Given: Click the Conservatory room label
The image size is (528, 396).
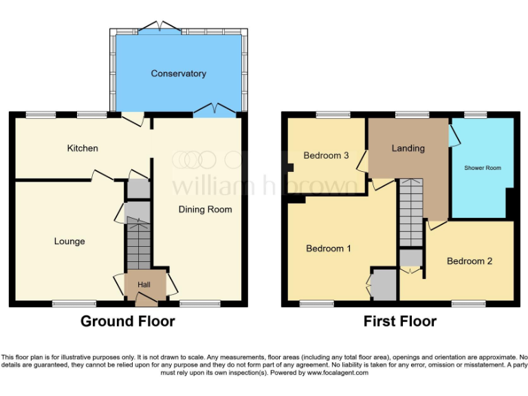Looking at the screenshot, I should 178,74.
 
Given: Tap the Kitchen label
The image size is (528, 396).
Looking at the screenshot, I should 82,148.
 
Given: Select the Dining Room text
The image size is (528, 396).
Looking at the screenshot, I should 206,209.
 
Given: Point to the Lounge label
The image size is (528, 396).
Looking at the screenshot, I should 69,241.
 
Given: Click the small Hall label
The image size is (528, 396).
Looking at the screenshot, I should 144,285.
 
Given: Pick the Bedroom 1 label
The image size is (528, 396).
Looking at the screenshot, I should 329,248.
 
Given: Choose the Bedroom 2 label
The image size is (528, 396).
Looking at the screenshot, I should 470,261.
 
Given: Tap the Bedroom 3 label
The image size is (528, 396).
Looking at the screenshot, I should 326,155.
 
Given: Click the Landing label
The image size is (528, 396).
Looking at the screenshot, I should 408,148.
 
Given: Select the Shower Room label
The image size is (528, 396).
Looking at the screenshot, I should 483,168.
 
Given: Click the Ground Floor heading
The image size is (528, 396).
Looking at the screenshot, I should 128,321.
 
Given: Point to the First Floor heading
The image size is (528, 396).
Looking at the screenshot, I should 400,321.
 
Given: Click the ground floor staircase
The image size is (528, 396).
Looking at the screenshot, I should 138,244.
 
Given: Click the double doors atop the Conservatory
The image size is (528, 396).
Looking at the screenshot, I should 160,28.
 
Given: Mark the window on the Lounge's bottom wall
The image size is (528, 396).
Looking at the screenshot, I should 74,303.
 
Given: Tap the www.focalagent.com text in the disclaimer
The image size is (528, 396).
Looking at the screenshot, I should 338,373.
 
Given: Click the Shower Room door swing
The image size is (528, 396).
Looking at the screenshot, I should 454,135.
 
